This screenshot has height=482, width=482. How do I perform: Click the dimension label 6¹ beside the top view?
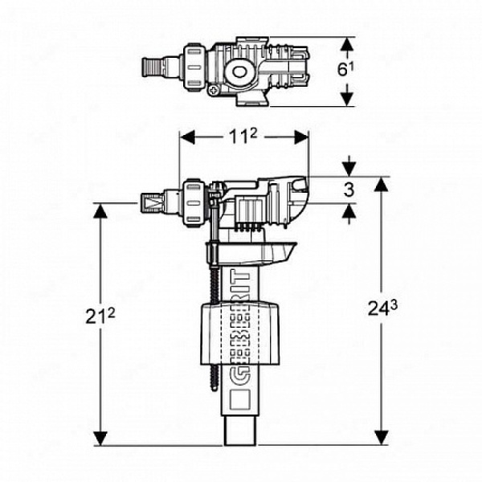click(345, 70)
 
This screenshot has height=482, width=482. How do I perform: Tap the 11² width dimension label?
click(243, 137)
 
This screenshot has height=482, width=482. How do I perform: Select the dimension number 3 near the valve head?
click(349, 190)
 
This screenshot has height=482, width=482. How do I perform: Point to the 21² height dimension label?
click(100, 316)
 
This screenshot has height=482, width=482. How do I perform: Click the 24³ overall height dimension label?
click(382, 308)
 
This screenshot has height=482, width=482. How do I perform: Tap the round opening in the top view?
click(239, 71)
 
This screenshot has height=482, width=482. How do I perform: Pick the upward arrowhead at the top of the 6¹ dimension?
click(347, 44)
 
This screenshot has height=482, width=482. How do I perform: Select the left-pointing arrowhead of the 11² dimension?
click(187, 137)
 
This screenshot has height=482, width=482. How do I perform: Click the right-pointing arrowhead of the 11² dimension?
click(301, 137)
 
